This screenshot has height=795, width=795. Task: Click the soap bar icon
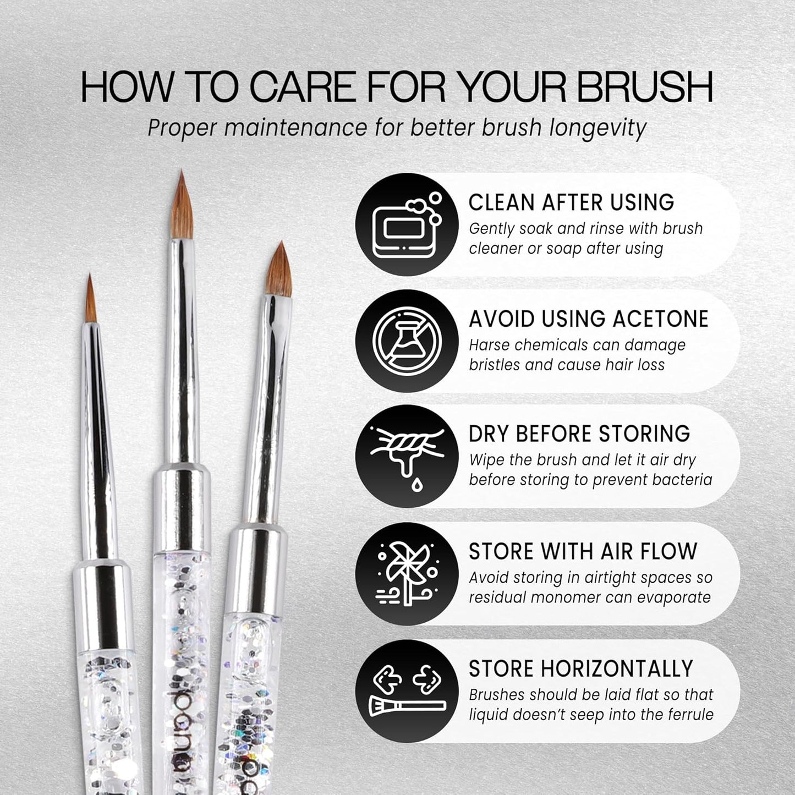pyautogui.click(x=407, y=225)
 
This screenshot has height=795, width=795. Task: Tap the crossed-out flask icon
pyautogui.click(x=407, y=341)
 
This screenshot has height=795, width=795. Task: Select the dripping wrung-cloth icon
pyautogui.click(x=407, y=457)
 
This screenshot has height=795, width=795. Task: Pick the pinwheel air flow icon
pyautogui.click(x=407, y=574)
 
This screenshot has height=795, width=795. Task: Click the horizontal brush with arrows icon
pyautogui.click(x=407, y=691)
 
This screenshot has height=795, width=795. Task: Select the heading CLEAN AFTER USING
pyautogui.click(x=571, y=202)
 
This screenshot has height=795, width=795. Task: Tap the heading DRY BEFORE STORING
pyautogui.click(x=579, y=434)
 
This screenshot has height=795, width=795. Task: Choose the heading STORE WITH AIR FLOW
pyautogui.click(x=583, y=551)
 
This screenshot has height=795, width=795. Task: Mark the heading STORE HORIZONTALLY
pyautogui.click(x=580, y=668)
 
